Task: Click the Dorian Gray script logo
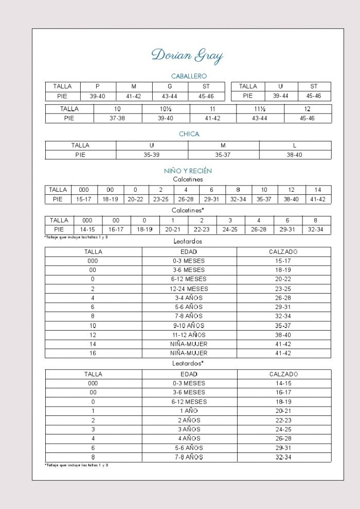(188, 56)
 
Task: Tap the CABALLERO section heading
(189, 76)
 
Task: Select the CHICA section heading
(189, 134)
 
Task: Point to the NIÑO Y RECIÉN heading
(188, 170)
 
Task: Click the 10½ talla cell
(166, 109)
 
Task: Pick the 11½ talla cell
(260, 109)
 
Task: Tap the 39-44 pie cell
(280, 96)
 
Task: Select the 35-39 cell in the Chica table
(152, 155)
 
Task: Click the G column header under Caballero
(170, 86)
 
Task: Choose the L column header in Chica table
(295, 146)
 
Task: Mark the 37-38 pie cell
(117, 118)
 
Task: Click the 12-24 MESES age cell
(189, 289)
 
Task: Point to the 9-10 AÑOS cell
(189, 325)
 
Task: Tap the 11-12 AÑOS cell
(189, 335)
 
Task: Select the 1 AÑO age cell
(189, 411)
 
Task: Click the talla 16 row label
(93, 353)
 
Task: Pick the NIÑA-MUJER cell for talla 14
(189, 344)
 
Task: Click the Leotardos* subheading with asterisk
(188, 363)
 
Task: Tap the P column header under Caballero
(98, 86)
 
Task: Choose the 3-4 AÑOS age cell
(189, 298)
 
